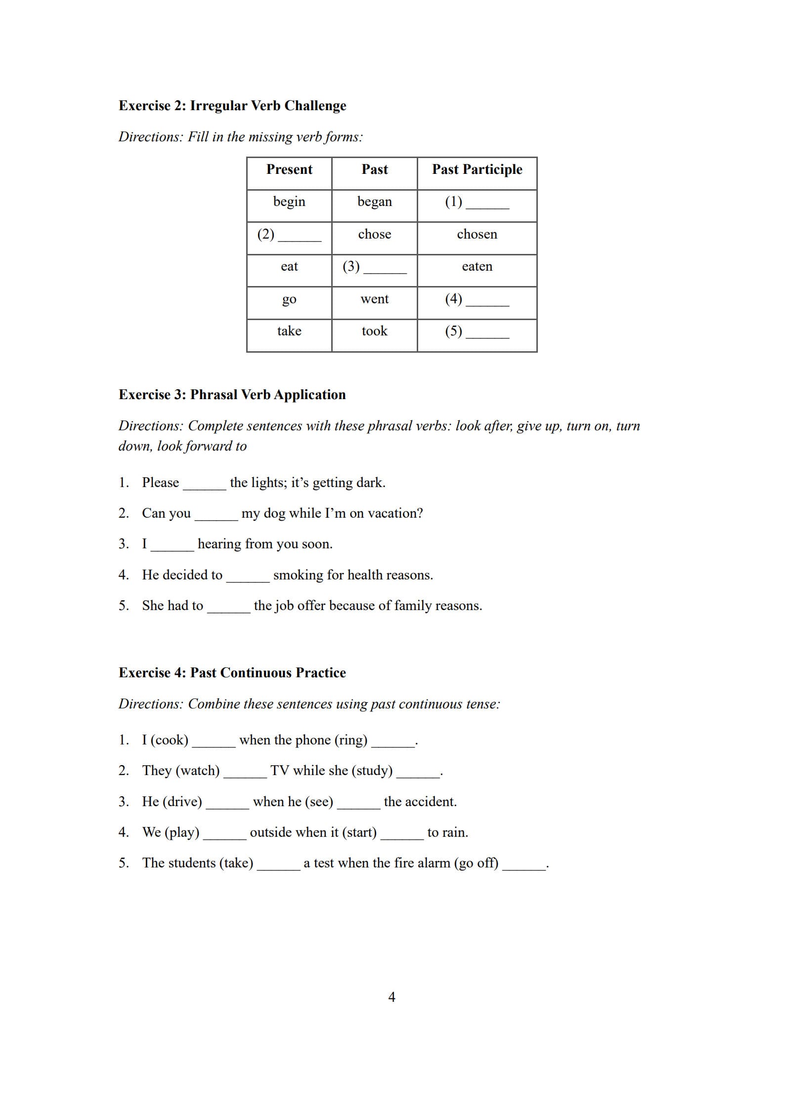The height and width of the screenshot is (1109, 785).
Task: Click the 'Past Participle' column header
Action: [477, 169]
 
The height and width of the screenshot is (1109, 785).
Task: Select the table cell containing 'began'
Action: [374, 202]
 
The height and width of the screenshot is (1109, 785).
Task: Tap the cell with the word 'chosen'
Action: [477, 234]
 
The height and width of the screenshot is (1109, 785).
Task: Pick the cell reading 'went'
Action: [374, 299]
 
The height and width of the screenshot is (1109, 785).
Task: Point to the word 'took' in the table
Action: [374, 331]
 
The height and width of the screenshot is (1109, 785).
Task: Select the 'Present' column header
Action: [289, 169]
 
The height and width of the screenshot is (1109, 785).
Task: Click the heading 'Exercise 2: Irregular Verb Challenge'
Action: [232, 106]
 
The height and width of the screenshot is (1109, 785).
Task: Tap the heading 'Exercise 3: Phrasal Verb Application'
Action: [232, 395]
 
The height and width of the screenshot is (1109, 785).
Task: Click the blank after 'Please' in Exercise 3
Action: [204, 485]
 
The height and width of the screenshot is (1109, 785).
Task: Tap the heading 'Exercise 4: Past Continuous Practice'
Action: [232, 673]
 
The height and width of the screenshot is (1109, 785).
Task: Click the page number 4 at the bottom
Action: [392, 997]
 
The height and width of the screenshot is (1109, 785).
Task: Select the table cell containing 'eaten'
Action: [477, 267]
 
